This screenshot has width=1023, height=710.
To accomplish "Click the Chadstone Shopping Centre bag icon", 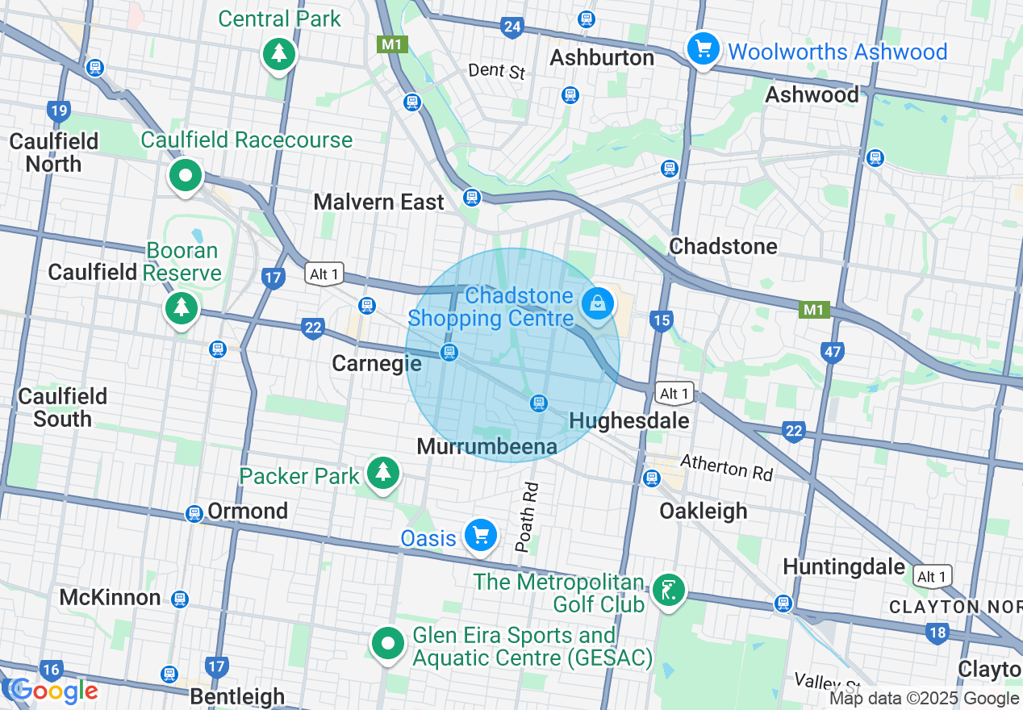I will (597, 304).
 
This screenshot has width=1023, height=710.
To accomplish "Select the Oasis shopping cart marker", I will (481, 535).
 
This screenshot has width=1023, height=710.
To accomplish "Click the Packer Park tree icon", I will (383, 472).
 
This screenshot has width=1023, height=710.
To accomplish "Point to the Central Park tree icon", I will (279, 54).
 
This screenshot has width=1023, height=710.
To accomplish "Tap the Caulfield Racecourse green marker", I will (186, 175).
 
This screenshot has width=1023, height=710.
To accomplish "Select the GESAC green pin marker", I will (388, 644).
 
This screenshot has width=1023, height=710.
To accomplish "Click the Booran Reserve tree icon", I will (182, 307).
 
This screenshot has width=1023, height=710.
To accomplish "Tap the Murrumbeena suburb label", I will (486, 446).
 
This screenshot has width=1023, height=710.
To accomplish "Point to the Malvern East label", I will (378, 202).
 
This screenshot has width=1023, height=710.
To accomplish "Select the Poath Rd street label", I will (526, 517).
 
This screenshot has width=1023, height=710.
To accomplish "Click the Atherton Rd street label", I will (726, 466).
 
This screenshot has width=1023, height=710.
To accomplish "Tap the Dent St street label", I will (496, 71).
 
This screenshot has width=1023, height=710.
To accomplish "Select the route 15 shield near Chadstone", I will (661, 321).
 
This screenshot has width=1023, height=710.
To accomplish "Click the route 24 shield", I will (511, 27).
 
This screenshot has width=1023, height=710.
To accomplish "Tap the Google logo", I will (54, 691).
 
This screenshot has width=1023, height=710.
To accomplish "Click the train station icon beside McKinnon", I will (180, 599).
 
